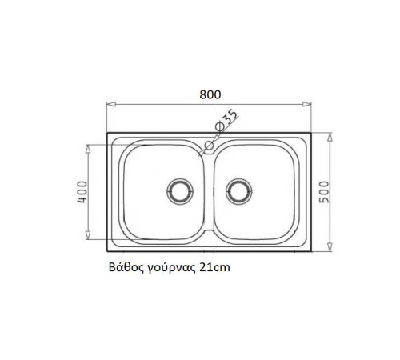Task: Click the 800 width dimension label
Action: (x=210, y=94)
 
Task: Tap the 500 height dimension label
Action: (x=324, y=192)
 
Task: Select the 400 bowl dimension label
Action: (x=82, y=192)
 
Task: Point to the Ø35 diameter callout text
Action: (x=226, y=120)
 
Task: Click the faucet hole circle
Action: (x=209, y=146)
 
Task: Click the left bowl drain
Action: (x=180, y=191)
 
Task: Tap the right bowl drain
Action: (x=239, y=191)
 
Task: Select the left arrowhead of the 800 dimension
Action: (x=111, y=104)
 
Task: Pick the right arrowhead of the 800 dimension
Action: (x=306, y=104)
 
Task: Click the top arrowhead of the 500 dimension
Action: (x=330, y=138)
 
